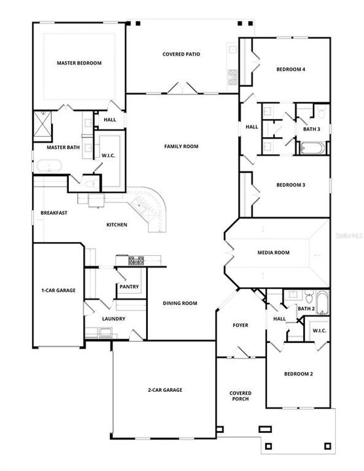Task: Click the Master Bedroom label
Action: [79, 63]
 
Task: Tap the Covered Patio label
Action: [181, 54]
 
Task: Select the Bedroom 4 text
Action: [290, 69]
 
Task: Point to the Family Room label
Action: [181, 147]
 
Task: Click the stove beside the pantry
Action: [136, 261]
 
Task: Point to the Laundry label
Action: [113, 319]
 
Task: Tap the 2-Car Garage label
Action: [164, 390]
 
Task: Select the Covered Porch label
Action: [240, 396]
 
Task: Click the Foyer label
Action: [240, 325]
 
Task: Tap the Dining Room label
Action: [180, 303]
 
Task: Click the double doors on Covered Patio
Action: [181, 88]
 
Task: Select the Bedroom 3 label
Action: [290, 185]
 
